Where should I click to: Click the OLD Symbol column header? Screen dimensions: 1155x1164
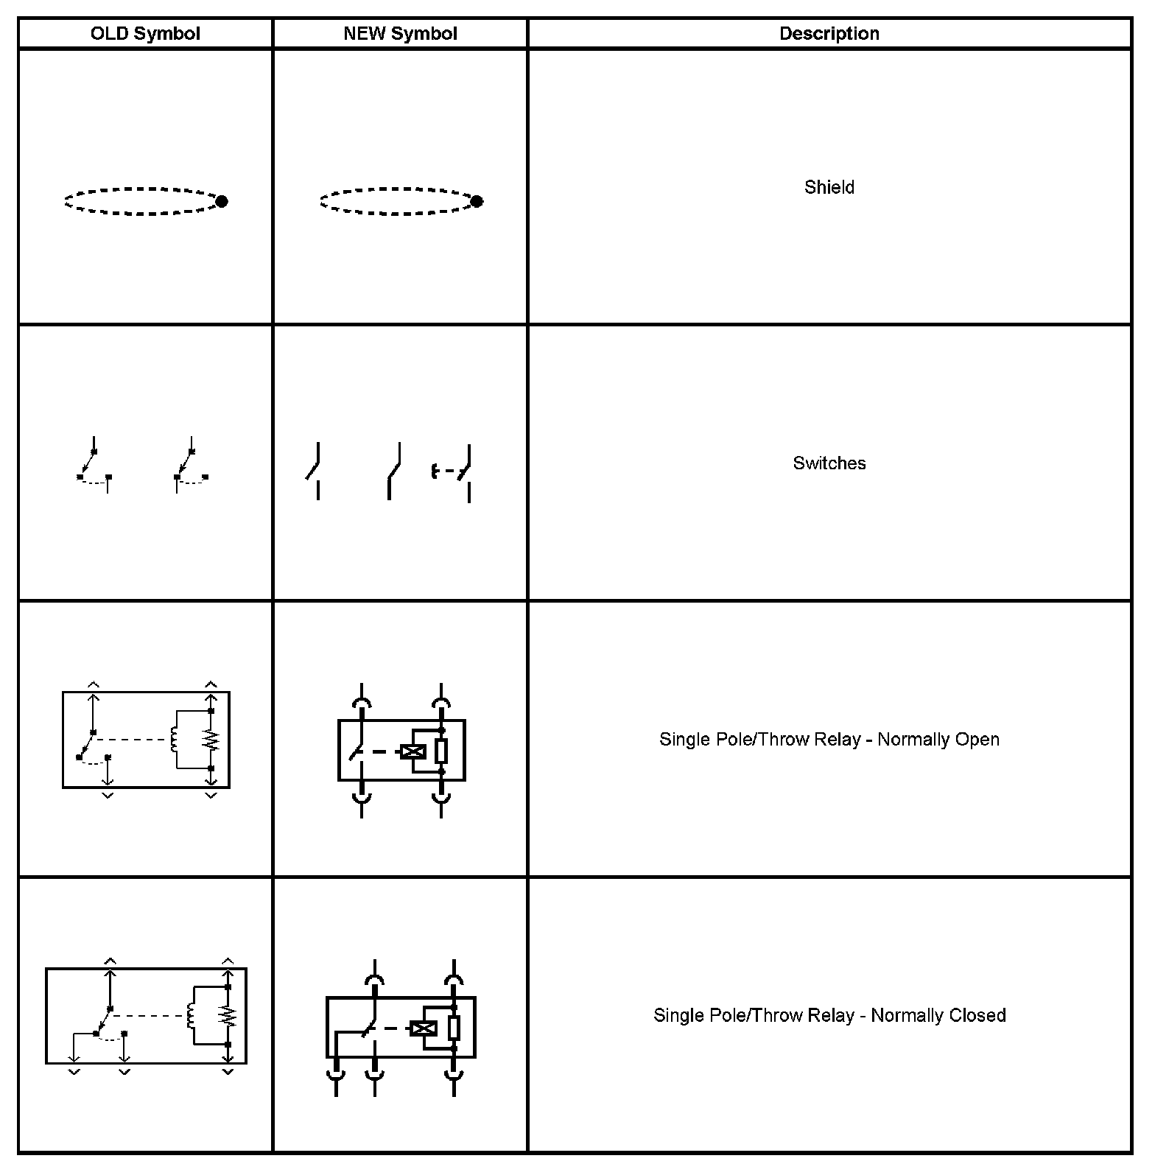(145, 34)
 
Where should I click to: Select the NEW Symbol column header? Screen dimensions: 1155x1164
(400, 34)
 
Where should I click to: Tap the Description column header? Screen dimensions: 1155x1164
(829, 34)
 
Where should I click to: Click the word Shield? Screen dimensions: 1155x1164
(829, 187)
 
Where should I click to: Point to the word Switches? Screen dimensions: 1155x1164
(829, 463)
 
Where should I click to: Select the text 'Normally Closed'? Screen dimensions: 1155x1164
(938, 1015)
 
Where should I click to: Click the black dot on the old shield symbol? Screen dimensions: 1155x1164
(221, 201)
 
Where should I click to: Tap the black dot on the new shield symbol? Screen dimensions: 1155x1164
(477, 201)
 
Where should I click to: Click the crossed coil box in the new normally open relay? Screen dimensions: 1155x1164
(413, 751)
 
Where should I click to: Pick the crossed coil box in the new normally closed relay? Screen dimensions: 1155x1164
(423, 1028)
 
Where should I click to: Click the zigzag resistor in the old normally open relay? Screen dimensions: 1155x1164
(211, 740)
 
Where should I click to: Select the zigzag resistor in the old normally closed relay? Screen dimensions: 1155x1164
(228, 1016)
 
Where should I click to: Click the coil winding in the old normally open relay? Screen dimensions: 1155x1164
(175, 740)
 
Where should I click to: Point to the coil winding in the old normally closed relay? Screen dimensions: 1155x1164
(192, 1016)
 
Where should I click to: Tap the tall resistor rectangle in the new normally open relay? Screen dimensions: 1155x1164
(441, 751)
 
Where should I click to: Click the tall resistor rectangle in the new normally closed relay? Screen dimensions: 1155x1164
(454, 1028)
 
